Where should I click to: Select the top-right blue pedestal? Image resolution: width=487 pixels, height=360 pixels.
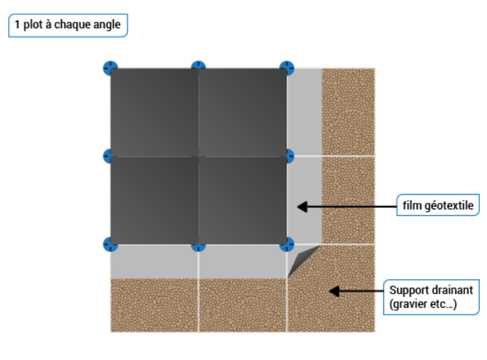point(287,67)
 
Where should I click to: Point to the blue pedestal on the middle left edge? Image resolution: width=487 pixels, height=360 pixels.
point(107,156)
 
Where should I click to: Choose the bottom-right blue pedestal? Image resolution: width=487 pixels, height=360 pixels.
point(287,244)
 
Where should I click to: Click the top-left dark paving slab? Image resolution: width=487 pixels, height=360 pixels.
point(154,112)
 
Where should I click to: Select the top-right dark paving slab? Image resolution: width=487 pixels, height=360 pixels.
point(243,112)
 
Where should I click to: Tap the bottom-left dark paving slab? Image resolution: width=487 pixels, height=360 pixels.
point(154,200)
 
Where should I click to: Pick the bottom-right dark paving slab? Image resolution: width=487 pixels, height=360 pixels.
point(243,200)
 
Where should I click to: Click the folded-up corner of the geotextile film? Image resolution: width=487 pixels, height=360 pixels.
point(301,258)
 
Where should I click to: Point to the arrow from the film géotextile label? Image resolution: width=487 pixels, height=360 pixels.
point(346,206)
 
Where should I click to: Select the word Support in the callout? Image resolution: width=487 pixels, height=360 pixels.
point(407,290)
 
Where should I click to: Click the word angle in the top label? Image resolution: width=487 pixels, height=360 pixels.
point(108,25)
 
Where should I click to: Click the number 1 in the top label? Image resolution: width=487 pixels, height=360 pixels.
point(18,25)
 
